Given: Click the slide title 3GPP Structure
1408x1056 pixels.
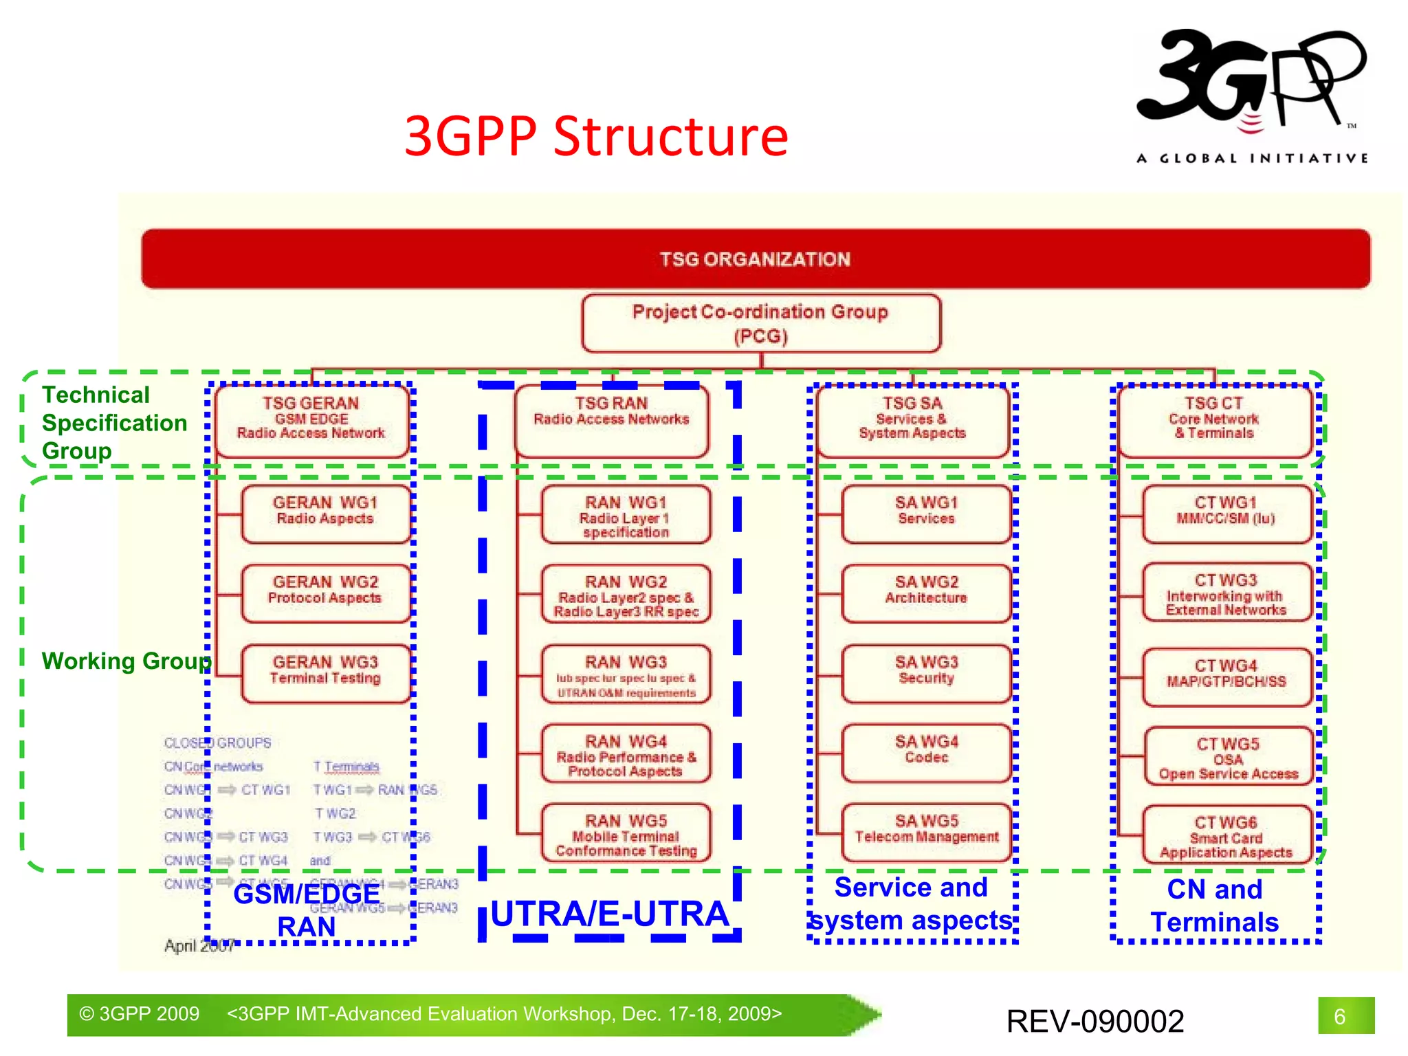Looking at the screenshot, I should (596, 136).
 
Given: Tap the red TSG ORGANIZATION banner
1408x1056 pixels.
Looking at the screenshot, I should (755, 259).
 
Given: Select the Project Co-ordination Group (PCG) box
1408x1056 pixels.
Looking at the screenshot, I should (760, 323).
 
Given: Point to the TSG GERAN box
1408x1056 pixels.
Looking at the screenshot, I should (311, 420).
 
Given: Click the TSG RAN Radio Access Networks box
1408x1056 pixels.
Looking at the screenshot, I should (611, 420).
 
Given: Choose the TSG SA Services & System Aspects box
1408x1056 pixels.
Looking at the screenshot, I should (912, 420).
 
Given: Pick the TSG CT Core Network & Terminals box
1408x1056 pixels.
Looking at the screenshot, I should (1213, 420).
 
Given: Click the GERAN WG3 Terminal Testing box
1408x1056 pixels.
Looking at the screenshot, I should (325, 672).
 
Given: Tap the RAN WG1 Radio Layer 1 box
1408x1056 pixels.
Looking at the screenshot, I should (626, 515).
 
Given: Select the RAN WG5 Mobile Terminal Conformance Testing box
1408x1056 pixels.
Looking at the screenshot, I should (626, 833).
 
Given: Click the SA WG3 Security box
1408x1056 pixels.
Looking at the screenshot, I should (926, 672).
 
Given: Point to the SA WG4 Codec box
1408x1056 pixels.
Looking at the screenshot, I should (926, 752).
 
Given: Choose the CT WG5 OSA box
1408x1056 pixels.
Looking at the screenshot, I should (1228, 756).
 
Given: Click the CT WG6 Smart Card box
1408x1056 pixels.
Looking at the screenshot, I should (1226, 835).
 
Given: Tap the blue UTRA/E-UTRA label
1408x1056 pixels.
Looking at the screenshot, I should (610, 914).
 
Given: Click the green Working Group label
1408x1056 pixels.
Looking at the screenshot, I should (126, 661).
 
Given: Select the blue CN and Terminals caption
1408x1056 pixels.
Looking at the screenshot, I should (1215, 905).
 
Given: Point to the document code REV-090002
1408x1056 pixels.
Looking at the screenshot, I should (1095, 1021).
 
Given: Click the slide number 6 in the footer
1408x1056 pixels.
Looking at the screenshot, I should (1339, 1016).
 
